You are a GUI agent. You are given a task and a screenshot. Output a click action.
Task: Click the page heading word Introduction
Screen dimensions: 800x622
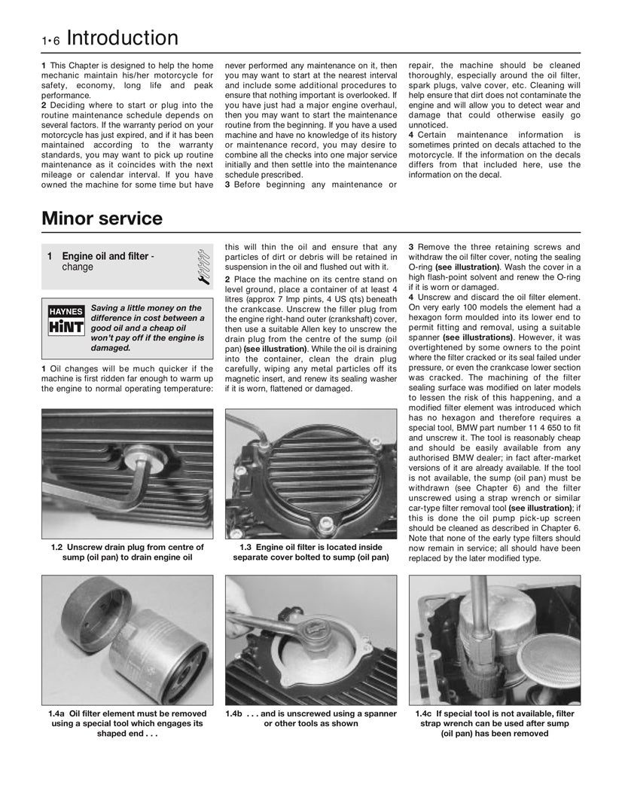(123, 38)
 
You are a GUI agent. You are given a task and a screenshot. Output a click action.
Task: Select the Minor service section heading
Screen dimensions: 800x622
(102, 219)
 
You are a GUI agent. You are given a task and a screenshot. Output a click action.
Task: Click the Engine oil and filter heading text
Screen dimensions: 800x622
(105, 256)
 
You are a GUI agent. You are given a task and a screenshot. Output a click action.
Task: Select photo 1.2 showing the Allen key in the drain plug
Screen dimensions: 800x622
(127, 472)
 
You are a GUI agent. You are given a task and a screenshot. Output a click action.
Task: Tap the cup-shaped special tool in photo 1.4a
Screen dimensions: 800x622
(90, 619)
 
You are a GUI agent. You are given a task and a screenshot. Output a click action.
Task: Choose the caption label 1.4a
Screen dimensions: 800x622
(56, 713)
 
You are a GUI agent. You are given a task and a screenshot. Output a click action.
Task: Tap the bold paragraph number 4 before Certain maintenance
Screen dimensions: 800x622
(411, 135)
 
